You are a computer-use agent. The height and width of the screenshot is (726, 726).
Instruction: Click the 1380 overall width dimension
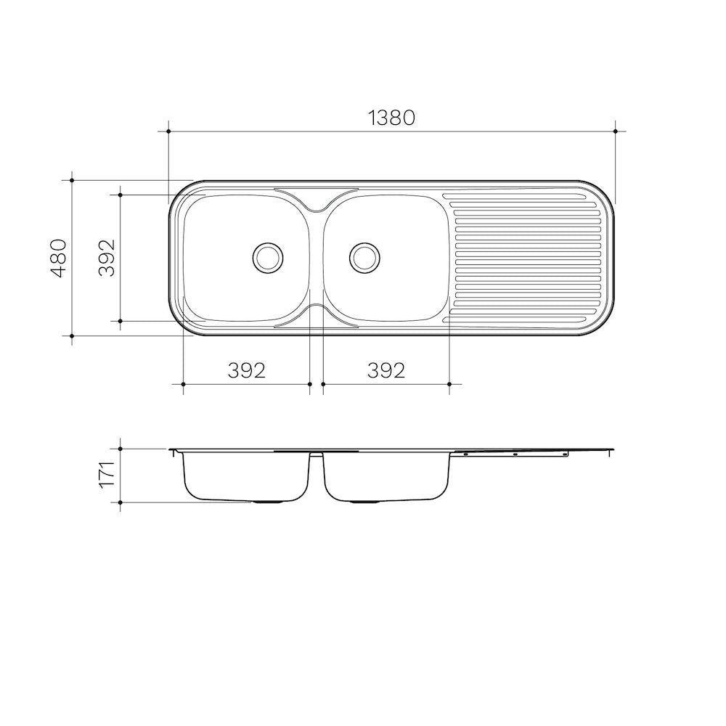click(392, 118)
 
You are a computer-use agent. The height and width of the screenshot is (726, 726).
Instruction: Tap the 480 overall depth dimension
click(59, 258)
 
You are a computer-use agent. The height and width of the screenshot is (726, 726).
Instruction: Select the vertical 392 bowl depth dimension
click(107, 258)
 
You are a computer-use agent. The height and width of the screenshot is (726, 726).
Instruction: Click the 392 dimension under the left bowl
click(247, 370)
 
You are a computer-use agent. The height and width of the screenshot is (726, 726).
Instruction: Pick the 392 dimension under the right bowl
click(386, 370)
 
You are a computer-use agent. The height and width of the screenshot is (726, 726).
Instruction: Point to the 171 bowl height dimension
click(107, 473)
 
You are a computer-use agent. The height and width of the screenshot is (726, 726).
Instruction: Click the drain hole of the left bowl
click(268, 257)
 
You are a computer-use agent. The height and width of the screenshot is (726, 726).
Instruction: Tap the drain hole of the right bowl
click(364, 257)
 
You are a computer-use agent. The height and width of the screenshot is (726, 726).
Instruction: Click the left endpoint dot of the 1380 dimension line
click(168, 131)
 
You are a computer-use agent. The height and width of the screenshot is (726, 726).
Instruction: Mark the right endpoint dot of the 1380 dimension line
click(616, 131)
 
